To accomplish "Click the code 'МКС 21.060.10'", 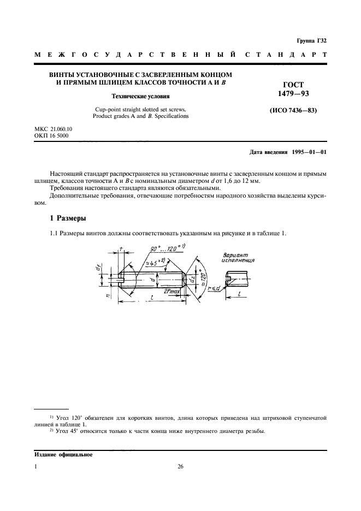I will click(54, 128).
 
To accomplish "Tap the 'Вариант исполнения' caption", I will click(238, 257).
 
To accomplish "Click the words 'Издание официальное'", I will click(63, 454).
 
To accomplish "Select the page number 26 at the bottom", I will click(181, 467).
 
